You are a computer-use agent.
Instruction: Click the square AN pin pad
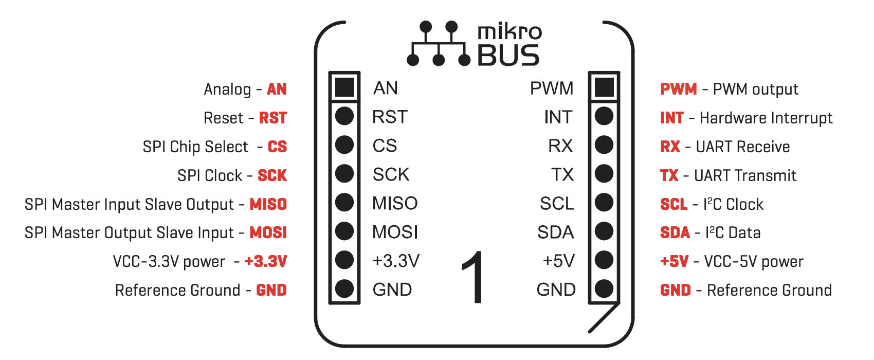(x=344, y=87)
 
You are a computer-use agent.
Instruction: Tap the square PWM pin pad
(x=604, y=87)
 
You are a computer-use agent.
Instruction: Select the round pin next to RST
(x=344, y=116)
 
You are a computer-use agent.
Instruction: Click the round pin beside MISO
(x=344, y=203)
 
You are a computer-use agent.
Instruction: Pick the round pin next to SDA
(x=604, y=231)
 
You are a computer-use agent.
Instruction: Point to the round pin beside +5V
(x=604, y=260)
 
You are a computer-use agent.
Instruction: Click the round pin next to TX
(x=604, y=174)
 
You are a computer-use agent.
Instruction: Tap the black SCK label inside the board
(x=391, y=174)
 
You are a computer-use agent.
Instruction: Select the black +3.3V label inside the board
(x=396, y=261)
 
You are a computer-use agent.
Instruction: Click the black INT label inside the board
(x=558, y=117)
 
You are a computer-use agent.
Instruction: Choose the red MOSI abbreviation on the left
(x=268, y=232)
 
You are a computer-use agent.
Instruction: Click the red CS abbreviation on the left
(x=277, y=147)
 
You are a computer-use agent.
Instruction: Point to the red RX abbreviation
(x=670, y=147)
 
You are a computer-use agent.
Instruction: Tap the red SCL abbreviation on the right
(x=673, y=204)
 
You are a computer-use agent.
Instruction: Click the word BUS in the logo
(x=508, y=55)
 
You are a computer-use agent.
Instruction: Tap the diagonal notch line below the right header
(x=604, y=317)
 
